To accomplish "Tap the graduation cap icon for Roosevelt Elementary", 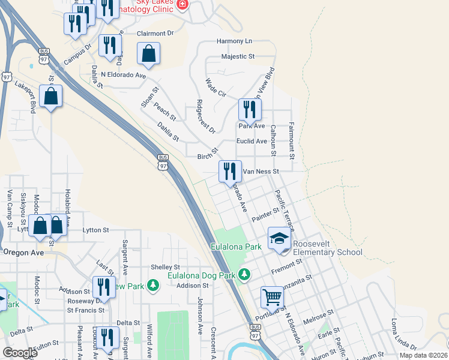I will [x=279, y=239].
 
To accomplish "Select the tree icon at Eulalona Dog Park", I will [x=244, y=275].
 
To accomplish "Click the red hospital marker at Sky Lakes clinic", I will [x=182, y=4].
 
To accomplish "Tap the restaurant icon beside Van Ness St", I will [x=231, y=171].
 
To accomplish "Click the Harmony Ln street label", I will [x=234, y=41].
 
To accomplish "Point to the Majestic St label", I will [x=238, y=56].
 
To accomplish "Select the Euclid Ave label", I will [x=253, y=141].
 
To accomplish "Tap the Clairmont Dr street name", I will [x=155, y=34].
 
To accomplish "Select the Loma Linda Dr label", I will [x=404, y=334].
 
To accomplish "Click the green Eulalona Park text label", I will [x=236, y=247].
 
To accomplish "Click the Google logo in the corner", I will [x=20, y=353].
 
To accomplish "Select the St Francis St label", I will [x=85, y=310].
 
